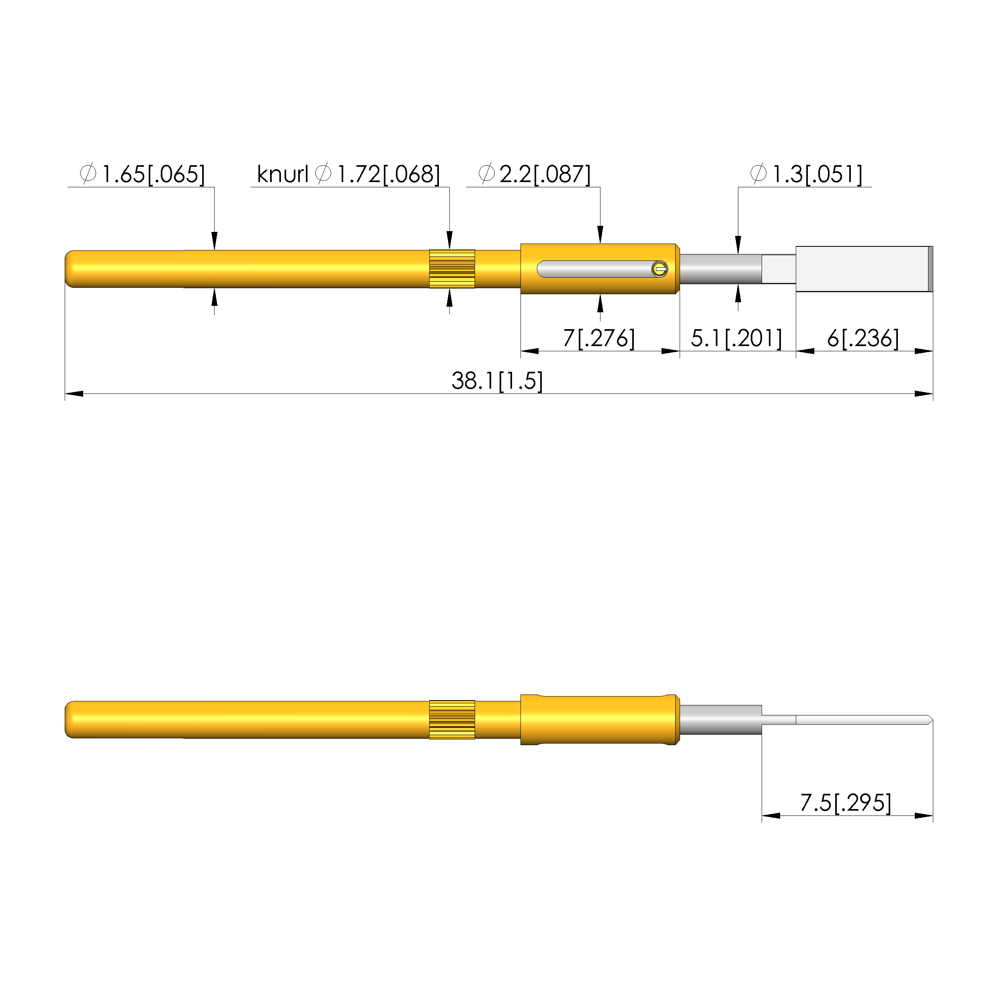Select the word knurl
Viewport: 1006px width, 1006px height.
coord(283,174)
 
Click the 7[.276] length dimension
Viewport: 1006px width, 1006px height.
coord(599,338)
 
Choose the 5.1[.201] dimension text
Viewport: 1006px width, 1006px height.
coord(736,338)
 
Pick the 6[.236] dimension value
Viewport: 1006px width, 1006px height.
coord(863,338)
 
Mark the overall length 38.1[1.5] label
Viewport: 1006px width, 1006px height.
coord(497,381)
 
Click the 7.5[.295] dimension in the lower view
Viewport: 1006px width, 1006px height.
coord(846,803)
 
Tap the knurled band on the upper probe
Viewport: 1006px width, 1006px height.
coord(452,269)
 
